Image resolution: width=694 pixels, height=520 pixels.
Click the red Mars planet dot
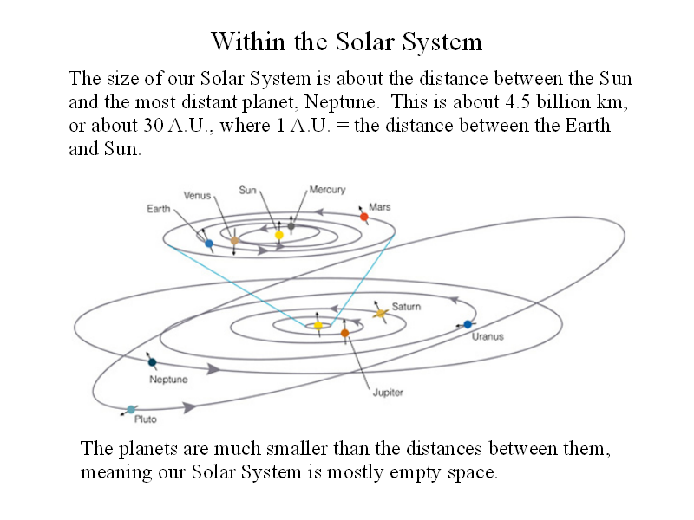point(364,217)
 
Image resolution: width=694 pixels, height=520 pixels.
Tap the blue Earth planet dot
point(209,244)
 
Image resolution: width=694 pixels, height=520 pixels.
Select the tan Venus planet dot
point(234,241)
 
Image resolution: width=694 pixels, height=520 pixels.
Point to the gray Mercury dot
point(291,226)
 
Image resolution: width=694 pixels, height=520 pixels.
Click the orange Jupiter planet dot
point(344,333)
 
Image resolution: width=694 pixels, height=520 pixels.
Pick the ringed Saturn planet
point(380,314)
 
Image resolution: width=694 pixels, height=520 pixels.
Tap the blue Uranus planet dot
point(468,324)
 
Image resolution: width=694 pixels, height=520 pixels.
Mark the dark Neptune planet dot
point(153,362)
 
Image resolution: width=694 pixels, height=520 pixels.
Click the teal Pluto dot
point(131,409)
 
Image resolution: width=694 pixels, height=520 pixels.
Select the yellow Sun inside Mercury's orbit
point(278,235)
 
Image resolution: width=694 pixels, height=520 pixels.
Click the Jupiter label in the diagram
point(388,393)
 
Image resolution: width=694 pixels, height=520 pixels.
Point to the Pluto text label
point(146,419)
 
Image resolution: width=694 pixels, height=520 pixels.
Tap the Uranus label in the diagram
point(488,336)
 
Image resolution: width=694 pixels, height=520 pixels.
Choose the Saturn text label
point(406,307)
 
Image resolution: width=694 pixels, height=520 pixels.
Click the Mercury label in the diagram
point(327,190)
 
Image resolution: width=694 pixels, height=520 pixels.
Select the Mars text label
point(380,207)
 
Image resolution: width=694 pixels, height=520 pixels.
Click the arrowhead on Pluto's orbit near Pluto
point(189,407)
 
